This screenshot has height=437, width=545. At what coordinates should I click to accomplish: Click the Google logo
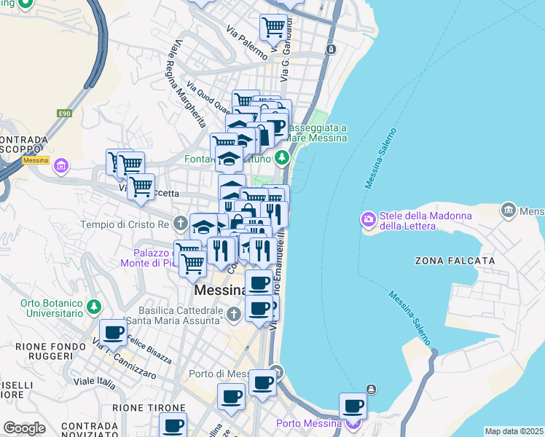coord(24,428)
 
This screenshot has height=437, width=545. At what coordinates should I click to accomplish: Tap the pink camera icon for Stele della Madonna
coord(369,219)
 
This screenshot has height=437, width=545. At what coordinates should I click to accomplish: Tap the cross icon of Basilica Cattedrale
coord(232,315)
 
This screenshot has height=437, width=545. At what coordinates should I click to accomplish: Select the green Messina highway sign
coord(34,160)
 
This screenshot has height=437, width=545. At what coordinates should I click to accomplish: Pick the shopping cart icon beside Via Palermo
coord(273,28)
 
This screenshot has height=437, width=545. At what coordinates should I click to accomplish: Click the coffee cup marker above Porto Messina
coord(353,405)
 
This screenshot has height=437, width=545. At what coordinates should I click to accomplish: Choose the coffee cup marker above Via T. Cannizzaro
coord(113,332)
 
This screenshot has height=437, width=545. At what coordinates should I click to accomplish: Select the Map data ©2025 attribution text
coord(514,431)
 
